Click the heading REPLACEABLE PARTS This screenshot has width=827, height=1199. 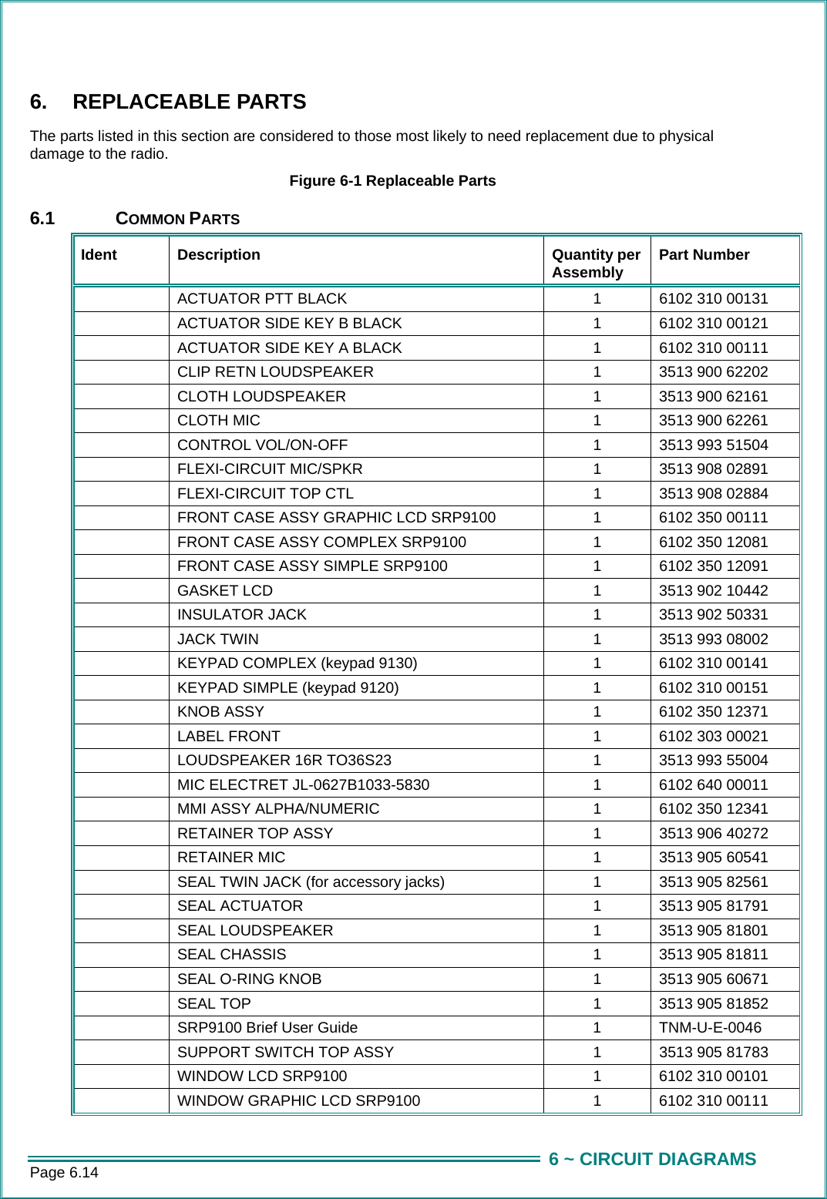pos(189,102)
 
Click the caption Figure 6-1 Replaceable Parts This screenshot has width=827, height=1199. pos(392,181)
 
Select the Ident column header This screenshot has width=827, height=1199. pos(99,255)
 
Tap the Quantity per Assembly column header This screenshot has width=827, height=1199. pos(596,264)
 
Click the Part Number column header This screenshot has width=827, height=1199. pos(704,255)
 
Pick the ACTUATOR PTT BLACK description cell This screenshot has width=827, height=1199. pos(262,299)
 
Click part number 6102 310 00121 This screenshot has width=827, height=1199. pos(713,324)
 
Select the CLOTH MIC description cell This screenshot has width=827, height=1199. pos(219,421)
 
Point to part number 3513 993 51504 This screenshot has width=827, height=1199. pos(713,445)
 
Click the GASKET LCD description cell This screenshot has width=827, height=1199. pos(225,591)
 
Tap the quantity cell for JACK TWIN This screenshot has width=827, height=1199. pos(597,640)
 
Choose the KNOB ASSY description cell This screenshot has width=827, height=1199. pos(221,712)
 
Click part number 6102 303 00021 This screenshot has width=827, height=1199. pos(713,737)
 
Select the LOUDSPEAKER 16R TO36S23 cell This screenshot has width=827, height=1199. pos(284,761)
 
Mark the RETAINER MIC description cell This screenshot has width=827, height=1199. pos(231,858)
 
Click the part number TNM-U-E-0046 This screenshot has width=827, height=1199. pos(710,1028)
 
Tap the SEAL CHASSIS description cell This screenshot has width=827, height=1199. pos(232,955)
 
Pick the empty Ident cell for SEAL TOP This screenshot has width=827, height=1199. pos(122,1004)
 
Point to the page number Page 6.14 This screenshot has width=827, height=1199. pos(64,1173)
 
